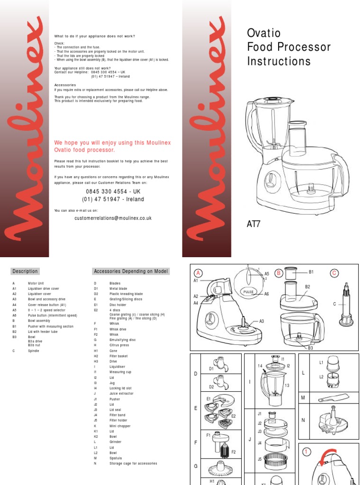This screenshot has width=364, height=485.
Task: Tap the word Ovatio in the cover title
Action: click(264, 33)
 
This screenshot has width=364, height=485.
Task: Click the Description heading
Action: click(25, 271)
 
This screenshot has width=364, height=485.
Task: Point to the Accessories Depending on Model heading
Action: click(131, 271)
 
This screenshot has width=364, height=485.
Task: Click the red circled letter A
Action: click(199, 273)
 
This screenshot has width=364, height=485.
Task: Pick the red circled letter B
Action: click(279, 273)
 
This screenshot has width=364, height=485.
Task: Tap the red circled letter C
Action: click(335, 273)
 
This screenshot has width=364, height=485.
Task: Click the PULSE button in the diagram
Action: click(249, 292)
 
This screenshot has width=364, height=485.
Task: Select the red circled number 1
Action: click(307, 452)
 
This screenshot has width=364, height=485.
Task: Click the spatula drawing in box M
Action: click(334, 398)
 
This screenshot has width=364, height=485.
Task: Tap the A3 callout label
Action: click(261, 321)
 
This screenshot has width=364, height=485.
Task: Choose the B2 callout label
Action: click(307, 287)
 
